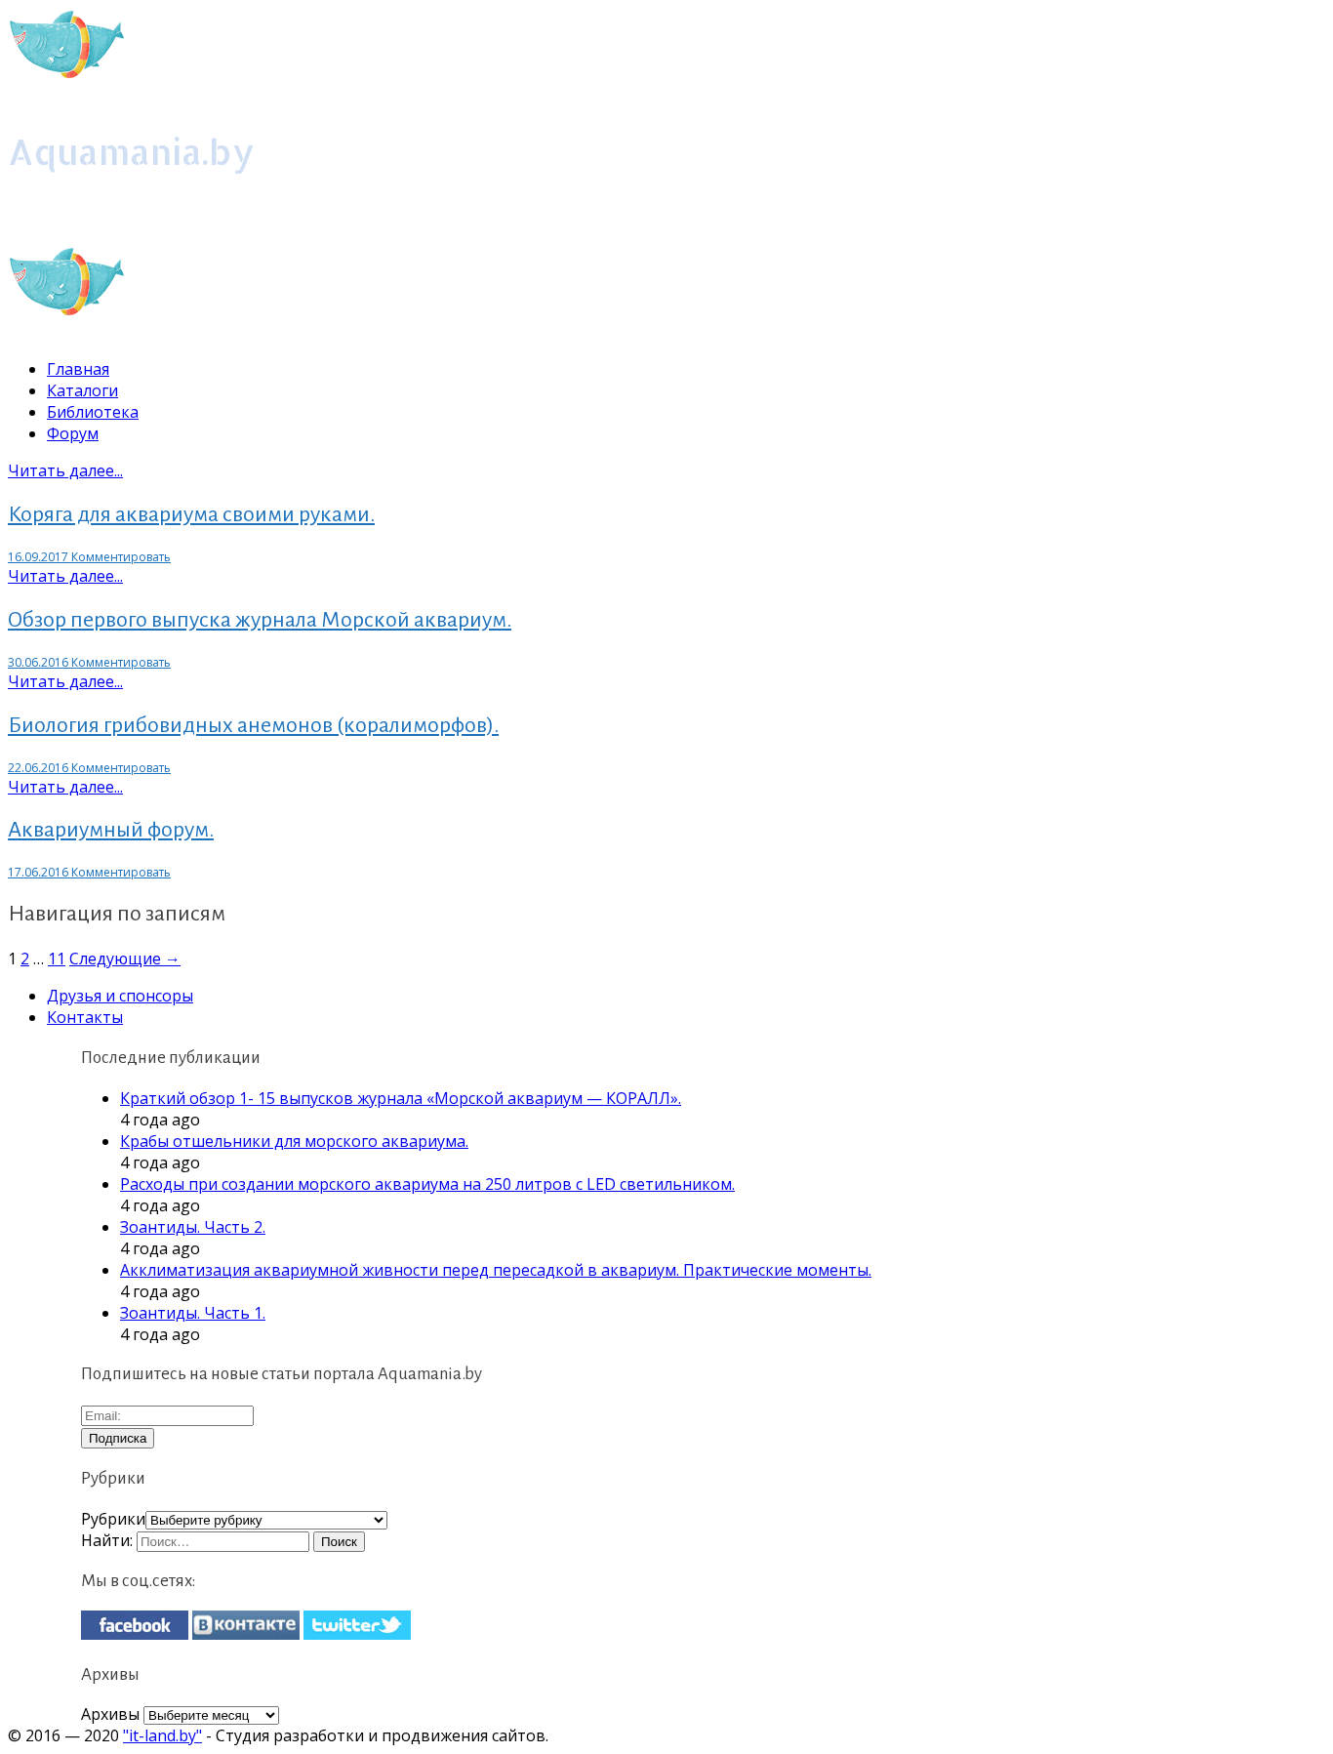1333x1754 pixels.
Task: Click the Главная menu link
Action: click(78, 369)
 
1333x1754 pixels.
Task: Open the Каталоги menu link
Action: click(82, 390)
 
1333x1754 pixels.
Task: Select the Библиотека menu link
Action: click(93, 412)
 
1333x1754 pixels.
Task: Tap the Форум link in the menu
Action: click(72, 433)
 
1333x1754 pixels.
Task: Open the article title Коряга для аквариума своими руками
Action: click(191, 514)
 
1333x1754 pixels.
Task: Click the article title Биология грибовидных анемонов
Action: click(253, 725)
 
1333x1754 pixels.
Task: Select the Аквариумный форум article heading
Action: click(110, 830)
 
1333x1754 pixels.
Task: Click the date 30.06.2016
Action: click(38, 663)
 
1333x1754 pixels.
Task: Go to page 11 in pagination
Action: click(57, 959)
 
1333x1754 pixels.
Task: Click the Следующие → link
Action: click(125, 959)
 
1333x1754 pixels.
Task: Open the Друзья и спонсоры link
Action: click(120, 996)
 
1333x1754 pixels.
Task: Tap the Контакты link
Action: click(85, 1017)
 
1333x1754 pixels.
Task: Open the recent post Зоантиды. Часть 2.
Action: click(192, 1227)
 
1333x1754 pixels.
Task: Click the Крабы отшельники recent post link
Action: click(294, 1141)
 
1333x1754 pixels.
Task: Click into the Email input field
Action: click(167, 1415)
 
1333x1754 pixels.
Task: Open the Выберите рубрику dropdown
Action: click(266, 1520)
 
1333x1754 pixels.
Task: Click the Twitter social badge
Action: click(357, 1625)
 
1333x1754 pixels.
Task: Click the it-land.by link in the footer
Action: click(162, 1735)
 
